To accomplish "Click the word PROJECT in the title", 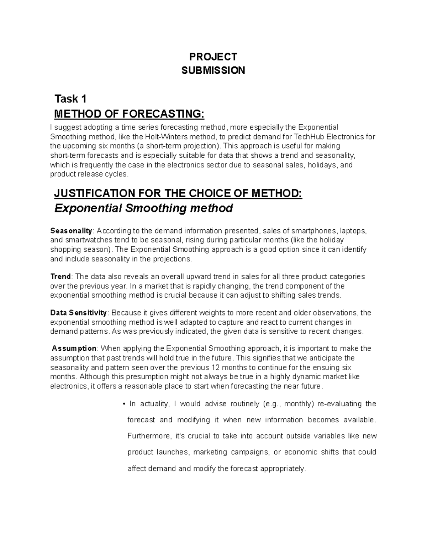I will point(213,57).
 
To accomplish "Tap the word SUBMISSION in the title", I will point(213,71).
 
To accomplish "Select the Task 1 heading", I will point(70,99).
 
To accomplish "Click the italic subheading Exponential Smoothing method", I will point(143,208).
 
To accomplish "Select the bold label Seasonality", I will point(71,231).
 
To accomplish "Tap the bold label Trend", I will point(61,277).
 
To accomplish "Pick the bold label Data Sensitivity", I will point(79,313).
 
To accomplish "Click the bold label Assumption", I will point(74,348).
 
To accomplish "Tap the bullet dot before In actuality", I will point(123,404).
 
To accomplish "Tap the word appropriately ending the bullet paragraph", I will point(283,469).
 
